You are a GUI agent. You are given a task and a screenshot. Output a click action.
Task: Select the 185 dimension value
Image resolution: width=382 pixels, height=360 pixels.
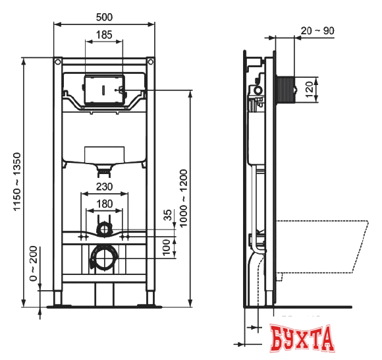[103, 34]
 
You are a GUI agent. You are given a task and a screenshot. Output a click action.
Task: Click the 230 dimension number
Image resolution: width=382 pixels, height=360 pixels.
[104, 187]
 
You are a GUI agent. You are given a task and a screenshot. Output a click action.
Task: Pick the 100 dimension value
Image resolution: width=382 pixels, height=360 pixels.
[167, 246]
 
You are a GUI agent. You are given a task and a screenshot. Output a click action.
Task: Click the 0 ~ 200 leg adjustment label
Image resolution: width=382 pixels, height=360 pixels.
[33, 264]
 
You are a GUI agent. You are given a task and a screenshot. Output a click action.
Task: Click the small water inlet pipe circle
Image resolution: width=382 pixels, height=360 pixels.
[104, 229]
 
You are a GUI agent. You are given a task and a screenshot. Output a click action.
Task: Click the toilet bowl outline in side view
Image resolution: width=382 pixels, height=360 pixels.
[323, 247]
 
